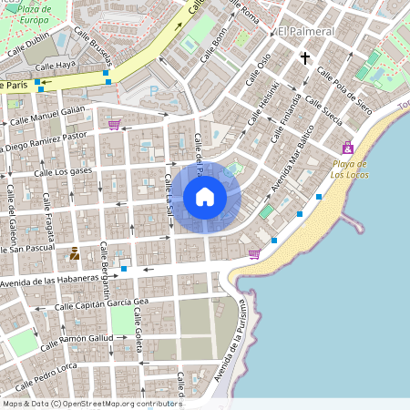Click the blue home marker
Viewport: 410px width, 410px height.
click(x=205, y=197)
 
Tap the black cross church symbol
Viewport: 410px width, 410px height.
click(x=305, y=57)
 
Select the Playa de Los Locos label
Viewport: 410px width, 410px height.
click(x=349, y=169)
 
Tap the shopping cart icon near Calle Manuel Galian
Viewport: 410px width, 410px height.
click(x=114, y=125)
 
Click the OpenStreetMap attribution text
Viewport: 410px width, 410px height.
click(x=92, y=403)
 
